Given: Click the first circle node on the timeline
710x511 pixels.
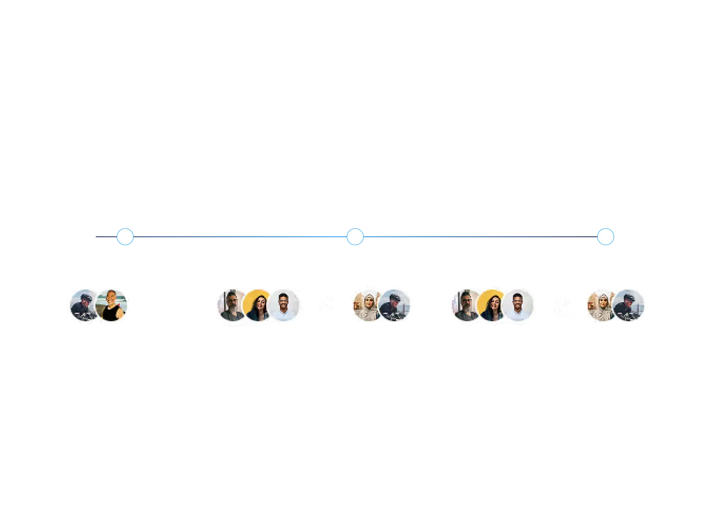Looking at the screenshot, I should [x=125, y=237].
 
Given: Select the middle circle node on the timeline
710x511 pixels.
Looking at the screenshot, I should [x=355, y=237].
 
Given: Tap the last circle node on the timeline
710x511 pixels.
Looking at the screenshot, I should [x=605, y=237].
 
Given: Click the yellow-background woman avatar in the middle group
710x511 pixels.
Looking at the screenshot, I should [x=258, y=306].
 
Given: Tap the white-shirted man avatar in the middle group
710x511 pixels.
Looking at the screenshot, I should [x=284, y=306].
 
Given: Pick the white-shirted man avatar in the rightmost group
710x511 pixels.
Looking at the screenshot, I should [x=519, y=306].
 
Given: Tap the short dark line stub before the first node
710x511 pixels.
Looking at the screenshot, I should [x=105, y=237].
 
